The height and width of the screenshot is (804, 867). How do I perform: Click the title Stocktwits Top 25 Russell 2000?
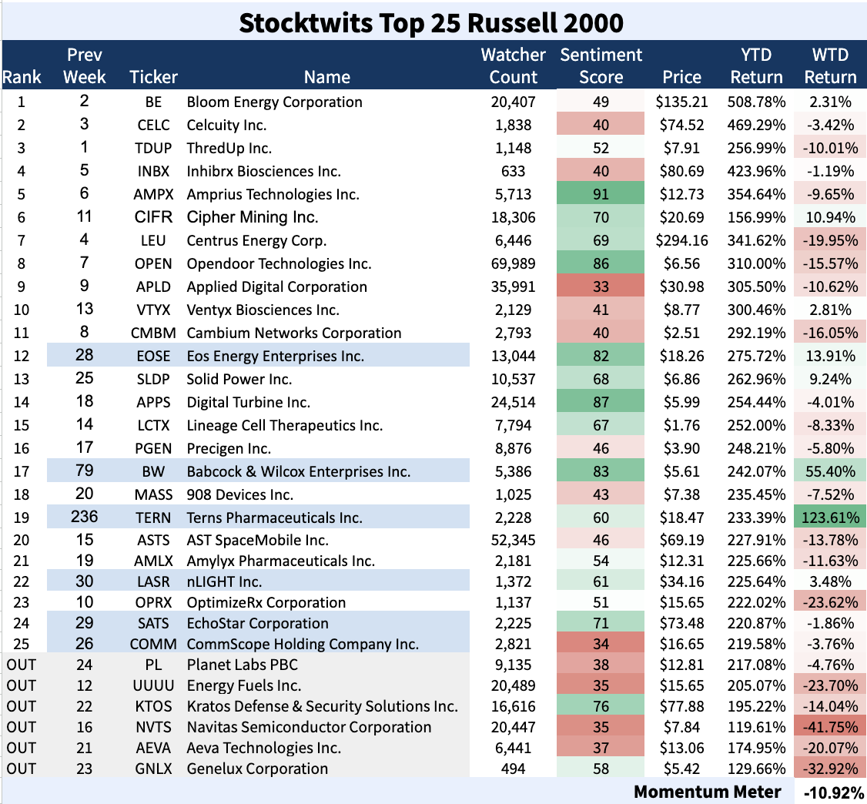(430, 22)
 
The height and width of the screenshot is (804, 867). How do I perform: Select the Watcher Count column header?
(513, 66)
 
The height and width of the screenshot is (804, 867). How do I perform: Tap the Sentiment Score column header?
(601, 66)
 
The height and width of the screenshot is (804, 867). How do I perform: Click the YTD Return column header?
(756, 66)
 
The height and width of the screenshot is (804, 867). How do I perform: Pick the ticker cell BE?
(154, 102)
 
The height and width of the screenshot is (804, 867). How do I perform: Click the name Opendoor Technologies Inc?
(279, 263)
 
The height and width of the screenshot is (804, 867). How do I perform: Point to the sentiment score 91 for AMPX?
(601, 194)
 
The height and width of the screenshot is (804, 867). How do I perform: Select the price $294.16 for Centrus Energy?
(681, 240)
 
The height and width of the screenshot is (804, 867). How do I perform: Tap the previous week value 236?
(85, 518)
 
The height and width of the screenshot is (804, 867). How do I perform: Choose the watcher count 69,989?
(513, 263)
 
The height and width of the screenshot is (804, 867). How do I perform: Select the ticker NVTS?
(154, 727)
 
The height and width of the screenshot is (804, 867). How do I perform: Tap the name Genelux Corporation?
(257, 769)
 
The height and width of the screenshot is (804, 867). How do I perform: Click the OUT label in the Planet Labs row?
(22, 665)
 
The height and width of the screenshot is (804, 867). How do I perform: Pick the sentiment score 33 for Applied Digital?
(601, 286)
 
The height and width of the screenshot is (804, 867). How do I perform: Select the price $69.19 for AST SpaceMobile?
(681, 541)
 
